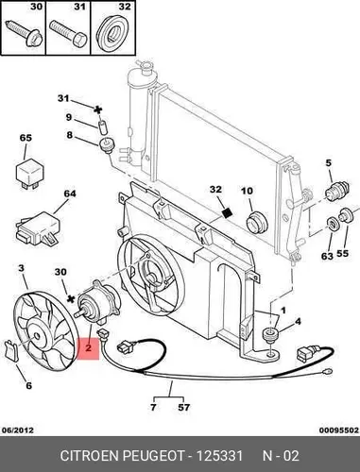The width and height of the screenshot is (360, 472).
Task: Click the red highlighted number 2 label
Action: point(88,348)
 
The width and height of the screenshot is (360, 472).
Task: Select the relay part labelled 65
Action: point(29,174)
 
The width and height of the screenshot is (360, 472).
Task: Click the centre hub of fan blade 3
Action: point(37,336)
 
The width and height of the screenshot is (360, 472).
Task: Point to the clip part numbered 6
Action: point(11,349)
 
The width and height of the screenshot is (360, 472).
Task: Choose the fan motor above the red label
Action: point(97,302)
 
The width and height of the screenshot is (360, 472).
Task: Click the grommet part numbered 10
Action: point(256,222)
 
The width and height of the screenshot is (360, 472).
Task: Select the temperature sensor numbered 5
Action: point(336,192)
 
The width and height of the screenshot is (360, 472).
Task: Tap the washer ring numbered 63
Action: point(333,225)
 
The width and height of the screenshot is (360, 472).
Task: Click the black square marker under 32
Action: point(227,213)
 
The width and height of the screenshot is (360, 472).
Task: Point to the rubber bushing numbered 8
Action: point(108,145)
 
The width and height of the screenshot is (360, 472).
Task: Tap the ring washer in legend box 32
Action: point(112,33)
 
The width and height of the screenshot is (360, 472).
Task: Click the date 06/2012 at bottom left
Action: point(18,430)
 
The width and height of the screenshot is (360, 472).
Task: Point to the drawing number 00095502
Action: point(339,430)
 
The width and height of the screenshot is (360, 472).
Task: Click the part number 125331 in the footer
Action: point(219,456)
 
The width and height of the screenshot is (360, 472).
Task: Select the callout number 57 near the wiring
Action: point(183,407)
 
